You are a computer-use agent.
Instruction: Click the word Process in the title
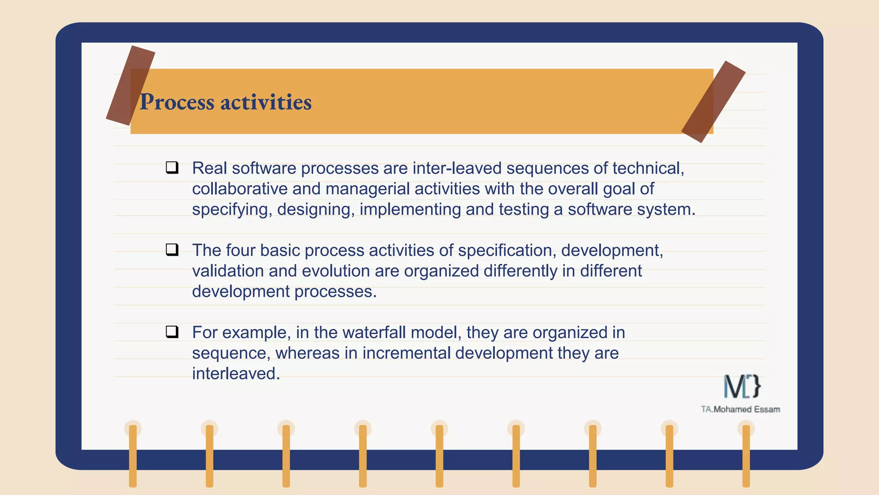(x=177, y=102)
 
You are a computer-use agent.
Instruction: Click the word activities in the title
(x=266, y=102)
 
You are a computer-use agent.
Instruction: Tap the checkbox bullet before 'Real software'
(x=172, y=167)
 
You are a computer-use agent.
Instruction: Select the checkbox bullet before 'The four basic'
(x=172, y=249)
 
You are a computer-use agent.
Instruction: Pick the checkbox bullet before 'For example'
(x=172, y=331)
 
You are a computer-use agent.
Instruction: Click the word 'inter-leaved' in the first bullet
(x=457, y=168)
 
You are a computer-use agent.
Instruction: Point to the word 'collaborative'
(x=239, y=189)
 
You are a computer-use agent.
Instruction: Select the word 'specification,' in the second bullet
(x=506, y=250)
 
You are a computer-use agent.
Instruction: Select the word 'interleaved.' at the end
(x=236, y=373)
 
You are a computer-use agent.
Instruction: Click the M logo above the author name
(x=742, y=386)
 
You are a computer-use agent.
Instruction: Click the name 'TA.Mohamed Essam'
(x=740, y=409)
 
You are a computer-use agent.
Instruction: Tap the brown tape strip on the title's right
(x=713, y=102)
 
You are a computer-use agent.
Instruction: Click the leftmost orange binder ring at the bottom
(x=133, y=455)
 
